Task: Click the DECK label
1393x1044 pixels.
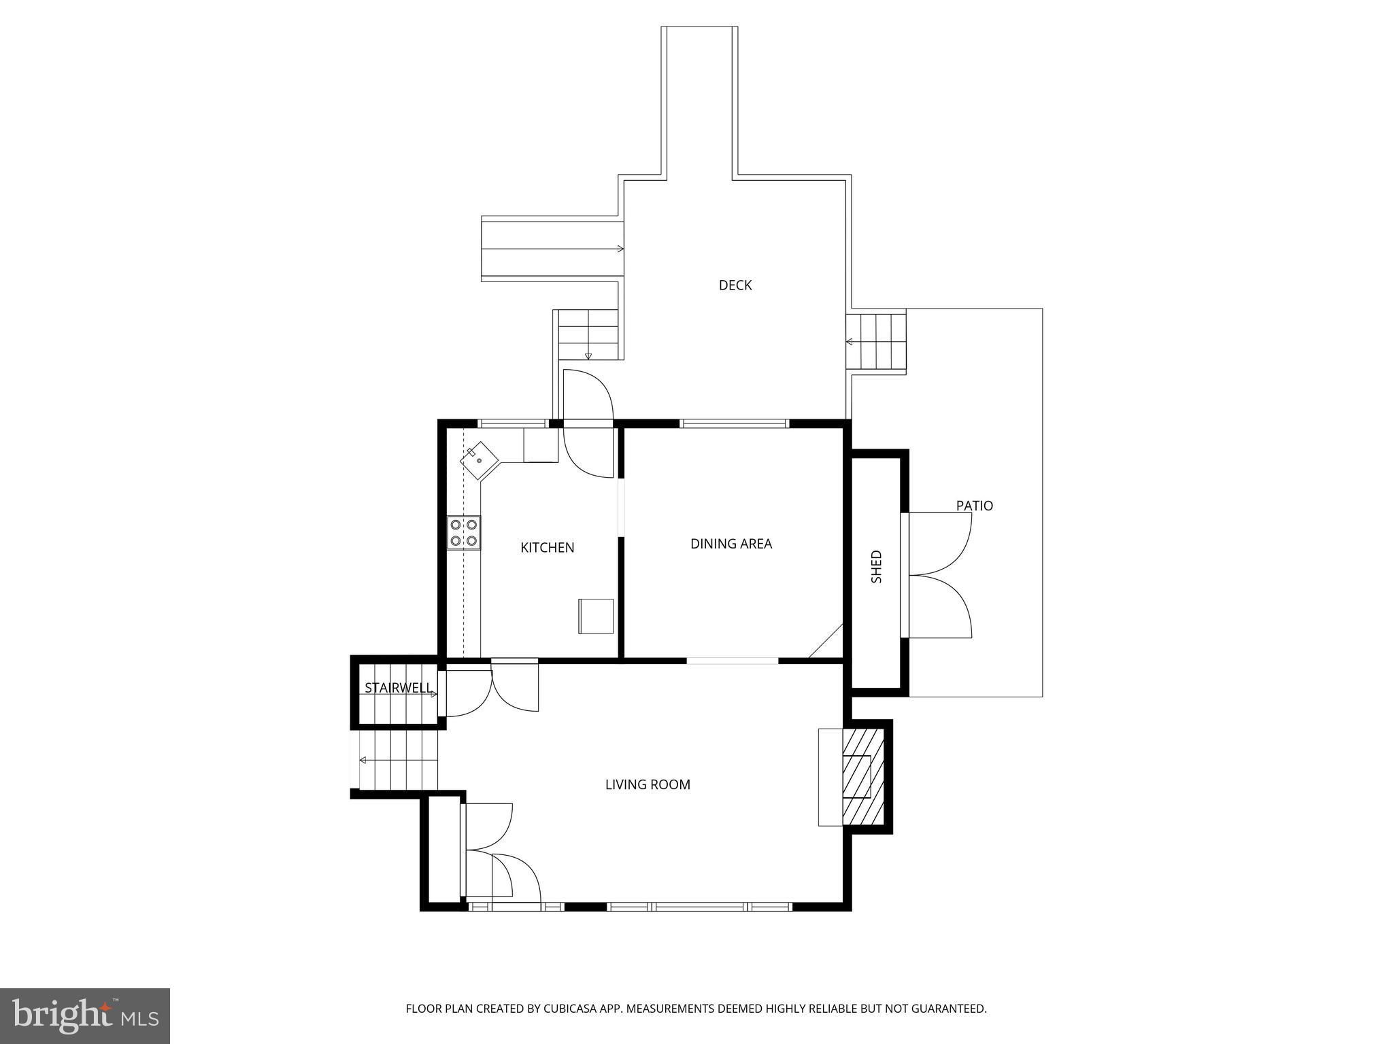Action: pos(735,285)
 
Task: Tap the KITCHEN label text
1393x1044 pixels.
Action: pos(547,548)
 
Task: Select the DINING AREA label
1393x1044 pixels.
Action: pos(731,544)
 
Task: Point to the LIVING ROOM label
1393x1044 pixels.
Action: pos(647,784)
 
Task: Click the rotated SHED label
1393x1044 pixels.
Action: pos(876,566)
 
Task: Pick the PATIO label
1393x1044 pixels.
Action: pos(974,506)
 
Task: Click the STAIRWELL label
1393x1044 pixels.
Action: pos(397,688)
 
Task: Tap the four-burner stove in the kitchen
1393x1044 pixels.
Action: pos(464,533)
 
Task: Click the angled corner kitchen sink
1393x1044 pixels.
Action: pos(480,461)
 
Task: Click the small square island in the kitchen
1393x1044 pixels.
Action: pos(595,616)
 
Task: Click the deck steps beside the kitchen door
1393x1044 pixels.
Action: pos(588,334)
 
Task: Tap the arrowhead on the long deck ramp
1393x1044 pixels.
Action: pos(620,249)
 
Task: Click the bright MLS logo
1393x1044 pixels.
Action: pos(84,1015)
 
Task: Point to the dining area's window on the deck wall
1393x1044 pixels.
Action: pos(734,423)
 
